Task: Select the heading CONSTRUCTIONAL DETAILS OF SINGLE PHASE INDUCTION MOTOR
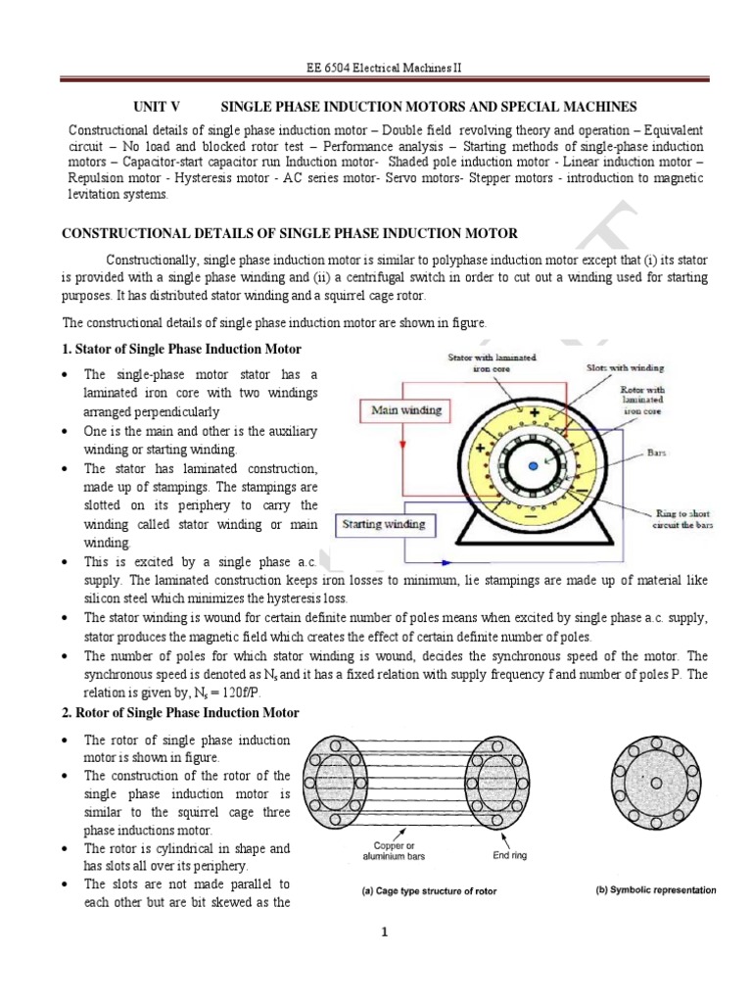click(x=290, y=232)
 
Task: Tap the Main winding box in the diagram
click(x=405, y=410)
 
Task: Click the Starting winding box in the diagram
click(x=383, y=524)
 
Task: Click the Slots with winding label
click(x=625, y=367)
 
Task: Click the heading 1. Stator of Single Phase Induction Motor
click(x=182, y=350)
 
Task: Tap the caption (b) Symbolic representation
click(x=655, y=890)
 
